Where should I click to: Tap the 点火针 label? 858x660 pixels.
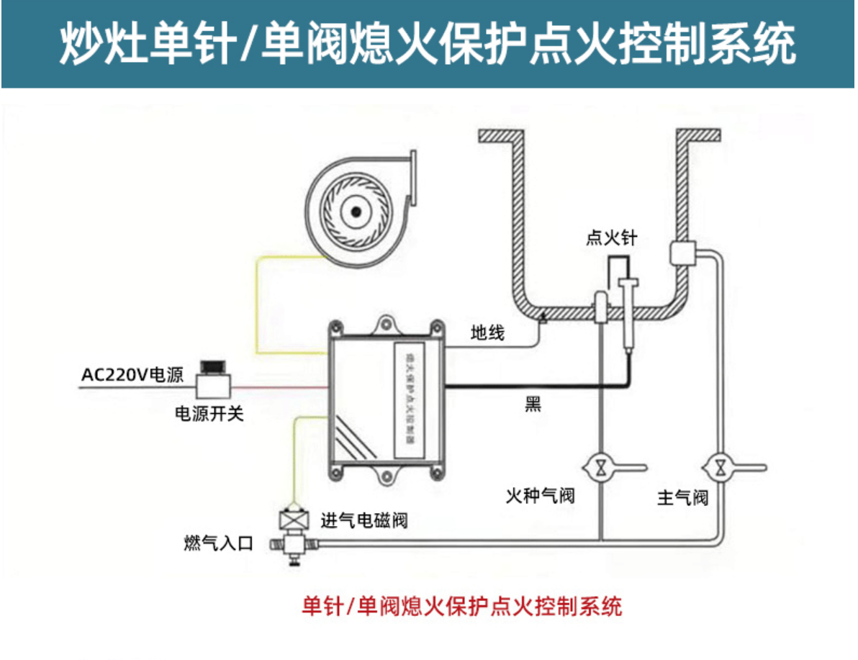click(611, 238)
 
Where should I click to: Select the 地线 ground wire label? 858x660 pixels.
click(487, 333)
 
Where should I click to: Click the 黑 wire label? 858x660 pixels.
click(533, 404)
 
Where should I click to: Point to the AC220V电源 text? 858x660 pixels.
click(132, 375)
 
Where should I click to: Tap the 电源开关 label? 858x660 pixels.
click(209, 415)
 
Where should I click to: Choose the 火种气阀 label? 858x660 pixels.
click(540, 496)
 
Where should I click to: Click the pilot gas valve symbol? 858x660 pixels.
click(600, 467)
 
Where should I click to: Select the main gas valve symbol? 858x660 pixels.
click(719, 467)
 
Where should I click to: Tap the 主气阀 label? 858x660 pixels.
click(682, 497)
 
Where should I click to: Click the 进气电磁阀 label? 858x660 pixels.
click(364, 520)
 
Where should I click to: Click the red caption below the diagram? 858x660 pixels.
click(461, 606)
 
